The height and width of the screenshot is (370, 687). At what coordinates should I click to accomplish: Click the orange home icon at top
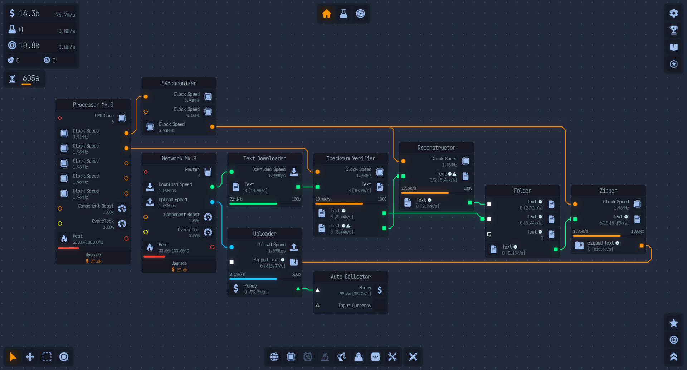tap(326, 14)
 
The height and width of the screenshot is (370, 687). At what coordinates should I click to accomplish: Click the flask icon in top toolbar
tap(343, 14)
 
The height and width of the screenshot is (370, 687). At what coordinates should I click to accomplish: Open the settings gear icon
tap(674, 13)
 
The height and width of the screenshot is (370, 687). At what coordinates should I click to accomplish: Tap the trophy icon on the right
tap(674, 30)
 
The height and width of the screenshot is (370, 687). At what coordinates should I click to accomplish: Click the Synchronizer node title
tap(179, 83)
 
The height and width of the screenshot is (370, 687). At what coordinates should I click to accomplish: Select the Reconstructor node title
tap(436, 148)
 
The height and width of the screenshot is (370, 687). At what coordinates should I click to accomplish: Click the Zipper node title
tap(608, 191)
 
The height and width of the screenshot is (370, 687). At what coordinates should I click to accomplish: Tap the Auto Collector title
tap(350, 277)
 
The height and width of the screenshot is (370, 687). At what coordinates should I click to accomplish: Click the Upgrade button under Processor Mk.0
tap(93, 258)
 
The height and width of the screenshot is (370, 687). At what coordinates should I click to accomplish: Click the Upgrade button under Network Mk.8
tap(179, 266)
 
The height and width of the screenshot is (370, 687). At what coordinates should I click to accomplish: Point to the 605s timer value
tap(31, 78)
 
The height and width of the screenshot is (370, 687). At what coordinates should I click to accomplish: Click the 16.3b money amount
tap(29, 14)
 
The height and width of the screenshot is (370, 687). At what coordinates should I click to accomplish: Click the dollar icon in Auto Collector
tap(380, 290)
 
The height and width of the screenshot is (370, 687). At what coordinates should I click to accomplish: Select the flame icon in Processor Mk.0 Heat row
tap(64, 239)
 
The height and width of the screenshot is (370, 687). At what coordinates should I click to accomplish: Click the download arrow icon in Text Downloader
tap(294, 172)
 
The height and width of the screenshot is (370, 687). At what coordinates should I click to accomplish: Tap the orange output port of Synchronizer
tap(212, 127)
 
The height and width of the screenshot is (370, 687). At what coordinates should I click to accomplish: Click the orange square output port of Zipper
tap(642, 245)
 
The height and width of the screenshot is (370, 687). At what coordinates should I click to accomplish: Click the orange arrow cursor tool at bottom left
tap(13, 357)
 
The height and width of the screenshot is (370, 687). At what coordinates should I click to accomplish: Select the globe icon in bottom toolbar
tap(274, 357)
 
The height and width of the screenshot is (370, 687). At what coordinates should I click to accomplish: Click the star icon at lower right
tap(674, 323)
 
